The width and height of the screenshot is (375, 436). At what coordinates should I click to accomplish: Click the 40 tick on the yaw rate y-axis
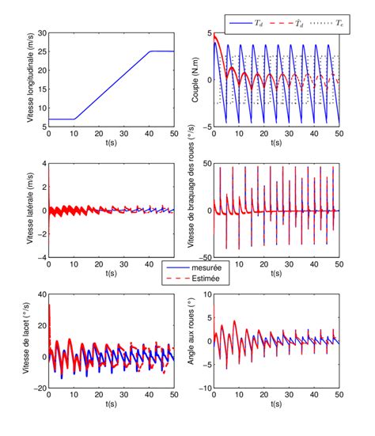pyautogui.click(x=40, y=295)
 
